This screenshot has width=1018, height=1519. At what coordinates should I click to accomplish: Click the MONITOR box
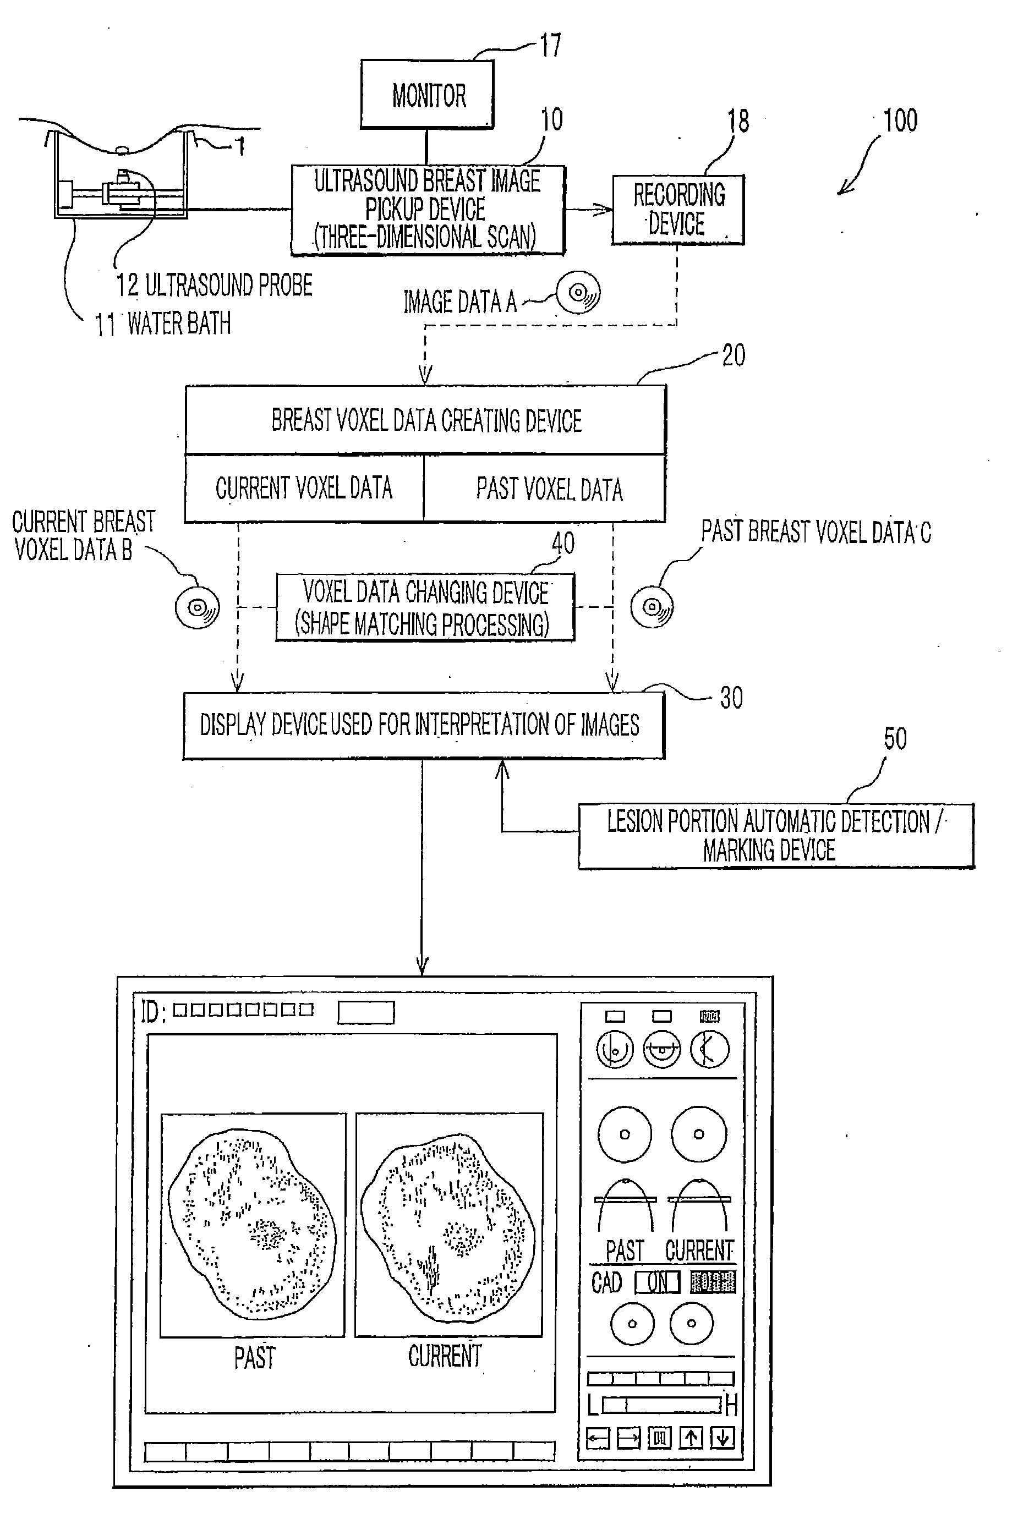[x=427, y=95]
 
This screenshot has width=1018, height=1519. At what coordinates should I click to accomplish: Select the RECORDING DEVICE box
[x=678, y=210]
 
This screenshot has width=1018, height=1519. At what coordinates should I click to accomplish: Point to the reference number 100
[x=900, y=120]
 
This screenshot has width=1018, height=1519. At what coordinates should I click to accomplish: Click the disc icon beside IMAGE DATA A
[x=578, y=293]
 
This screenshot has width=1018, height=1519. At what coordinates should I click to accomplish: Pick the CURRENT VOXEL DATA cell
[x=304, y=488]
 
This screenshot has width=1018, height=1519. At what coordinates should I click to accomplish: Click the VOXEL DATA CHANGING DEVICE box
[x=425, y=607]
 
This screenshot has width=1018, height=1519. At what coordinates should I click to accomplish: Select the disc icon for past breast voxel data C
[x=652, y=606]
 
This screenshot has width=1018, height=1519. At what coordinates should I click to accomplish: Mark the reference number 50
[x=895, y=739]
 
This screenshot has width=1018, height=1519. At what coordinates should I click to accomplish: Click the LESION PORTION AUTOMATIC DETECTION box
[x=776, y=836]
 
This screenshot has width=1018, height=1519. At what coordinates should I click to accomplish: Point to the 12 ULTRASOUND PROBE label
[x=214, y=286]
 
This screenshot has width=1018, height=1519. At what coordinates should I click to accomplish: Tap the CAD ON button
[x=657, y=1282]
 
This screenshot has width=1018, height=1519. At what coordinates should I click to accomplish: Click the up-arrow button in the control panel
[x=691, y=1438]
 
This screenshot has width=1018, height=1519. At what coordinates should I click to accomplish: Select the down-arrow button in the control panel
[x=722, y=1438]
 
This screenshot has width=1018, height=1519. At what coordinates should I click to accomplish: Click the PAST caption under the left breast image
[x=254, y=1358]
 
